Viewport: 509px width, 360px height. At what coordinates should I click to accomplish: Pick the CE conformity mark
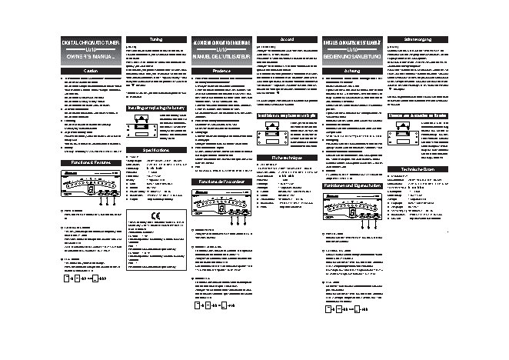point(155,215)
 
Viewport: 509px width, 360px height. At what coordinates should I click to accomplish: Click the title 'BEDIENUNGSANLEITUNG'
point(351,55)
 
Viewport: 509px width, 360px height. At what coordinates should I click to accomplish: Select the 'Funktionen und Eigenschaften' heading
point(351,187)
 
